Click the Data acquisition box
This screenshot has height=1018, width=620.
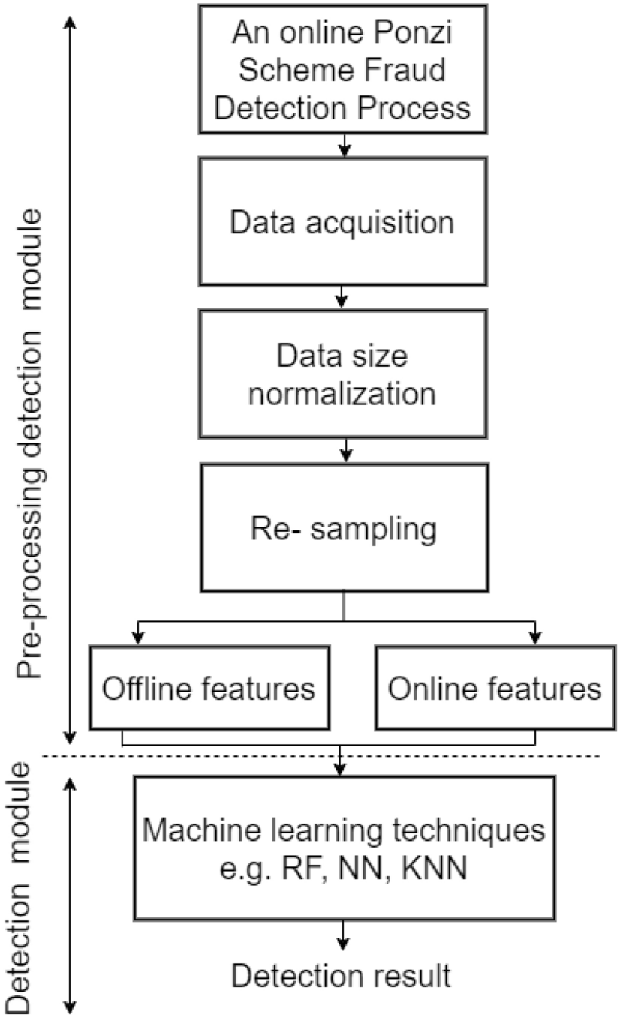pos(342,222)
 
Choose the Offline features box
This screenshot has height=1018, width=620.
pos(209,688)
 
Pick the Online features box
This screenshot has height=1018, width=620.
pos(495,688)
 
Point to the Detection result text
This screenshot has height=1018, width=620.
pos(341,975)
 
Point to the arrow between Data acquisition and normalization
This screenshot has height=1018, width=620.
pos(342,297)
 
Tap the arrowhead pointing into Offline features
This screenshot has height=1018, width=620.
pos(136,638)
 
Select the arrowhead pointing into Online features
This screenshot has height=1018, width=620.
pos(534,638)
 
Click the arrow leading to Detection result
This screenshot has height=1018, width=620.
pos(342,935)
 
